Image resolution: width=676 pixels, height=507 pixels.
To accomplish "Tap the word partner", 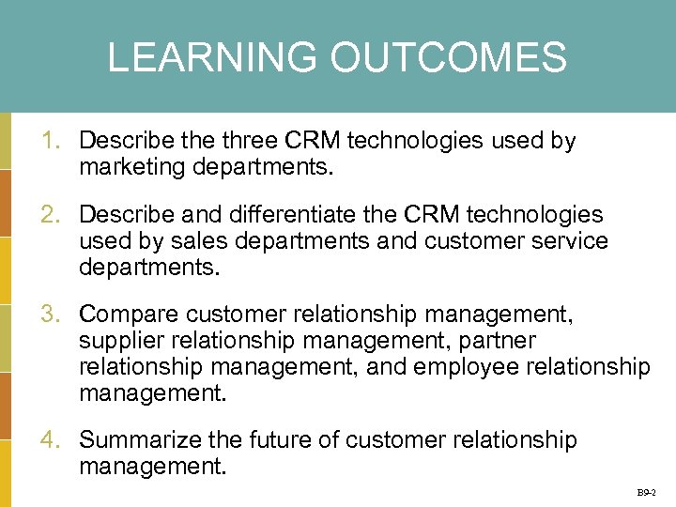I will coord(497,341).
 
